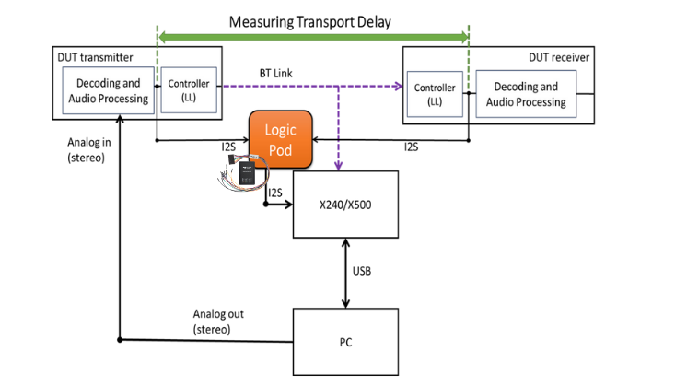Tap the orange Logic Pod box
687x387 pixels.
click(280, 136)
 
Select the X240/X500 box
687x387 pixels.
click(345, 204)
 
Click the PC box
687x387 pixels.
click(345, 342)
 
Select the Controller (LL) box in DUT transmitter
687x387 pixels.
click(188, 89)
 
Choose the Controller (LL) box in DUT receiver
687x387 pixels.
click(434, 94)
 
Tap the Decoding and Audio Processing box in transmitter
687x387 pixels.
click(107, 89)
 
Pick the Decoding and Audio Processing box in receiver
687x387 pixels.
click(526, 94)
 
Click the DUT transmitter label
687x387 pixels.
click(96, 55)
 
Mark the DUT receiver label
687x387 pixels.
click(559, 57)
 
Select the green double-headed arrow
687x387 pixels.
click(314, 38)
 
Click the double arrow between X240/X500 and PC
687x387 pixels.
click(345, 273)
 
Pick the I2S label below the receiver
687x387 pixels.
click(413, 147)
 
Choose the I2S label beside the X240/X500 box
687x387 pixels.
click(275, 192)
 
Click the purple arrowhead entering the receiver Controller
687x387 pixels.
click(400, 87)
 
